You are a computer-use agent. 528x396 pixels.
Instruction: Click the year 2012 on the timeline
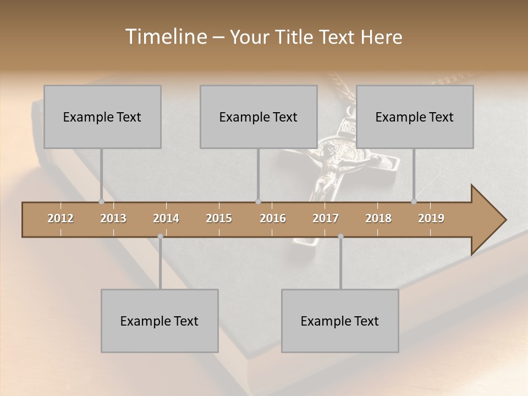pos(61,218)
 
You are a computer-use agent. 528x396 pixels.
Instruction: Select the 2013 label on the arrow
pos(113,218)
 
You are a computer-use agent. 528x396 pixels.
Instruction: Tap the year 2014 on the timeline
pos(166,218)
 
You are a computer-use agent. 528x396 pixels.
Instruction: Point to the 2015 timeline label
pos(219,218)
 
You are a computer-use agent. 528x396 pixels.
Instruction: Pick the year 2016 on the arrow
pos(273,218)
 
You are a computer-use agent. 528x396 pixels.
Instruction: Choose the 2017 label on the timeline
pos(326,218)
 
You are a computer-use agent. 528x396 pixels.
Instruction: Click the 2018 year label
pos(378,218)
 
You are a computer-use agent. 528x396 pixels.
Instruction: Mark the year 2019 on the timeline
pos(431,218)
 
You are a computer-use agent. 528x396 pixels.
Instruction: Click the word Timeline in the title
pos(165,37)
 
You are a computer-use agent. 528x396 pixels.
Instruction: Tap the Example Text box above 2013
pos(102,117)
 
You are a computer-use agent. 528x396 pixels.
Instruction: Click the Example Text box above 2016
pos(258,117)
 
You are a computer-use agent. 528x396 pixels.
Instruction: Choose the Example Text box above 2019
pos(415,117)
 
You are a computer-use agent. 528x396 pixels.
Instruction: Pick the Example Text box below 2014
pos(159,321)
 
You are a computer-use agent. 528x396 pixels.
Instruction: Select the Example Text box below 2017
pos(340,321)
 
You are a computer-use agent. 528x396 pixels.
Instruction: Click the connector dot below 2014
pos(160,237)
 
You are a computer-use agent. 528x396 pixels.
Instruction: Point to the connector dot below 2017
pos(340,237)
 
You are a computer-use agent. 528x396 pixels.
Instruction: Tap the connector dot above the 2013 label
pos(101,202)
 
